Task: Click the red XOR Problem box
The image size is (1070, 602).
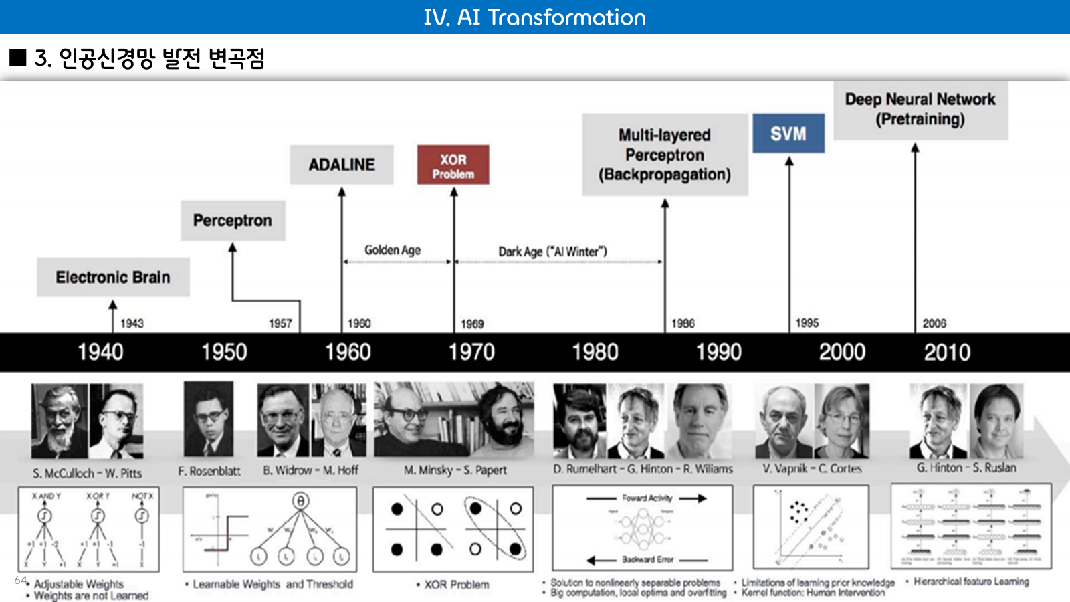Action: pyautogui.click(x=453, y=165)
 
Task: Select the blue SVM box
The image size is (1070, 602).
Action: pyautogui.click(x=788, y=134)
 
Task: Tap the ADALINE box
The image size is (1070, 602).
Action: pyautogui.click(x=341, y=165)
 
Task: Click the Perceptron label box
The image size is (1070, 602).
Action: pyautogui.click(x=232, y=221)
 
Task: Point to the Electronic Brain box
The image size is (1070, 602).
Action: pyautogui.click(x=113, y=277)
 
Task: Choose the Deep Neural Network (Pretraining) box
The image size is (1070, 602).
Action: pyautogui.click(x=920, y=110)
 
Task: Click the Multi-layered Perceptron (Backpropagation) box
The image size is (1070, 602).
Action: pyautogui.click(x=664, y=155)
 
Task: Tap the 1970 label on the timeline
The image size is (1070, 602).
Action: pyautogui.click(x=471, y=352)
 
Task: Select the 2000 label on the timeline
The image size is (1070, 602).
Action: pyautogui.click(x=842, y=352)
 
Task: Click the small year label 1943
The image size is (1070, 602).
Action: pyautogui.click(x=132, y=324)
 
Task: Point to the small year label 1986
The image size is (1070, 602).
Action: pyautogui.click(x=683, y=324)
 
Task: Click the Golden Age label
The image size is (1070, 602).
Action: pyautogui.click(x=393, y=250)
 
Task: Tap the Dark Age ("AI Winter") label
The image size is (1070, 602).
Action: pyautogui.click(x=552, y=252)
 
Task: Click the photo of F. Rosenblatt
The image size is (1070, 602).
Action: pyautogui.click(x=209, y=419)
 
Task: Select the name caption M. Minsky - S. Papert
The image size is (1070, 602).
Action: pyautogui.click(x=455, y=470)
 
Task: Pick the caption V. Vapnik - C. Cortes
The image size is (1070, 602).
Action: pyautogui.click(x=812, y=468)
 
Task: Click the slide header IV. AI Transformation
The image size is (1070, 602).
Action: pyautogui.click(x=534, y=17)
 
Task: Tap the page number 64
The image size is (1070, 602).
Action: pyautogui.click(x=21, y=580)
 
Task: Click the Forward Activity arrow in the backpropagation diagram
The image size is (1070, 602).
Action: pyautogui.click(x=693, y=498)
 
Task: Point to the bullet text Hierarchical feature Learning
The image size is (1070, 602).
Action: pyautogui.click(x=971, y=581)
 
